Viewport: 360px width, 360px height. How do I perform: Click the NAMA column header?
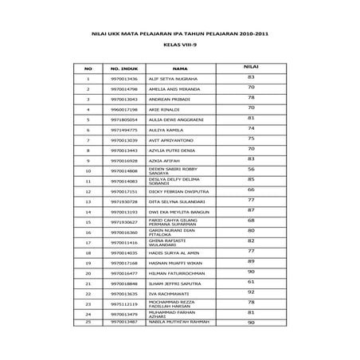pos(180,68)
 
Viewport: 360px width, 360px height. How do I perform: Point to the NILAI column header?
pos(251,67)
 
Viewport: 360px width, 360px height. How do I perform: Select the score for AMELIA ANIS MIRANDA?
pos(251,87)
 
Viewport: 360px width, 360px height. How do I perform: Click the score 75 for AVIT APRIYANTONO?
pos(251,138)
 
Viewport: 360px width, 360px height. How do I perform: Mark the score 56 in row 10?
pos(251,169)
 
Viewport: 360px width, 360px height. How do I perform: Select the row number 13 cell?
pos(88,202)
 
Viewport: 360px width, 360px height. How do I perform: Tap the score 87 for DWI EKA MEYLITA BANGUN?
pos(251,210)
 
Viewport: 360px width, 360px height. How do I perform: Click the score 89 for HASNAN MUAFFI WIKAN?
pos(251,261)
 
